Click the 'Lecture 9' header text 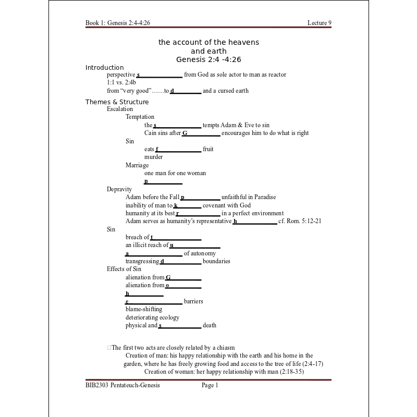click(x=319, y=23)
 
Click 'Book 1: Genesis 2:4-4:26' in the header click(x=118, y=23)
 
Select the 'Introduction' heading click(x=104, y=68)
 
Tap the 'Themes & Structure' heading click(x=117, y=102)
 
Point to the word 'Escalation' click(x=120, y=109)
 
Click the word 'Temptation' click(x=140, y=117)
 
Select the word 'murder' click(x=153, y=157)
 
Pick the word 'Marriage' click(x=137, y=165)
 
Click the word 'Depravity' click(x=119, y=189)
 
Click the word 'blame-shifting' click(x=144, y=309)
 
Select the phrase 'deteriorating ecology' click(x=152, y=317)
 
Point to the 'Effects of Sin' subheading click(x=124, y=269)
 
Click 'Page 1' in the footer click(x=210, y=386)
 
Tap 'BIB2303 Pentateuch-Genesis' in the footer click(x=122, y=386)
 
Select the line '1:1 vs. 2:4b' click(x=121, y=82)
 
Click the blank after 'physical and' click(x=180, y=326)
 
